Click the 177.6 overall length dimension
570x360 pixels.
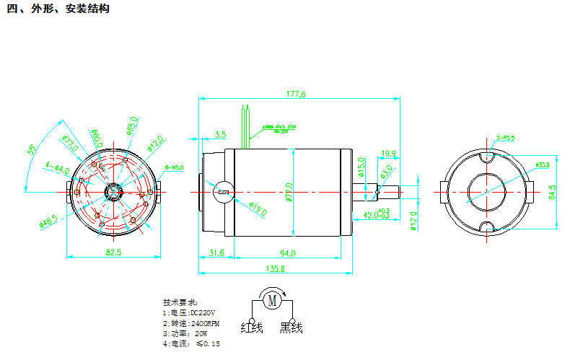297,95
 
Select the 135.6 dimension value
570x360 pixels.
276,268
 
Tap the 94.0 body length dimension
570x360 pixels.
287,253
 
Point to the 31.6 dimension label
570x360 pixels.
216,253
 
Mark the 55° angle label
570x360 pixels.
32,152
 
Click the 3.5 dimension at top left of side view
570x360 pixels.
220,134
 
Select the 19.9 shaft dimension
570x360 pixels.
388,153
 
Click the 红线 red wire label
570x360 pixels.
252,329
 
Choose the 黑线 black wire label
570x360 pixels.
291,329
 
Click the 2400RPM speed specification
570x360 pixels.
191,323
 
